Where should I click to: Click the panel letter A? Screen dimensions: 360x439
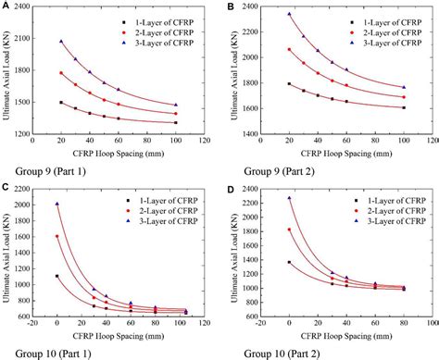point(6,6)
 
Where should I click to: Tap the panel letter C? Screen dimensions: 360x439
point(6,187)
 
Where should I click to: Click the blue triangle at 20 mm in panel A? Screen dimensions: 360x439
point(61,42)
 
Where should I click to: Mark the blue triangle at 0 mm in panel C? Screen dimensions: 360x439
point(56,205)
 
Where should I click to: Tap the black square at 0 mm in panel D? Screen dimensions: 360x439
point(289,262)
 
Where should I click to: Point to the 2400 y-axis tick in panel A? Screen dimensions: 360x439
point(22,8)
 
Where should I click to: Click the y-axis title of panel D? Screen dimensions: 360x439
point(232,254)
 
